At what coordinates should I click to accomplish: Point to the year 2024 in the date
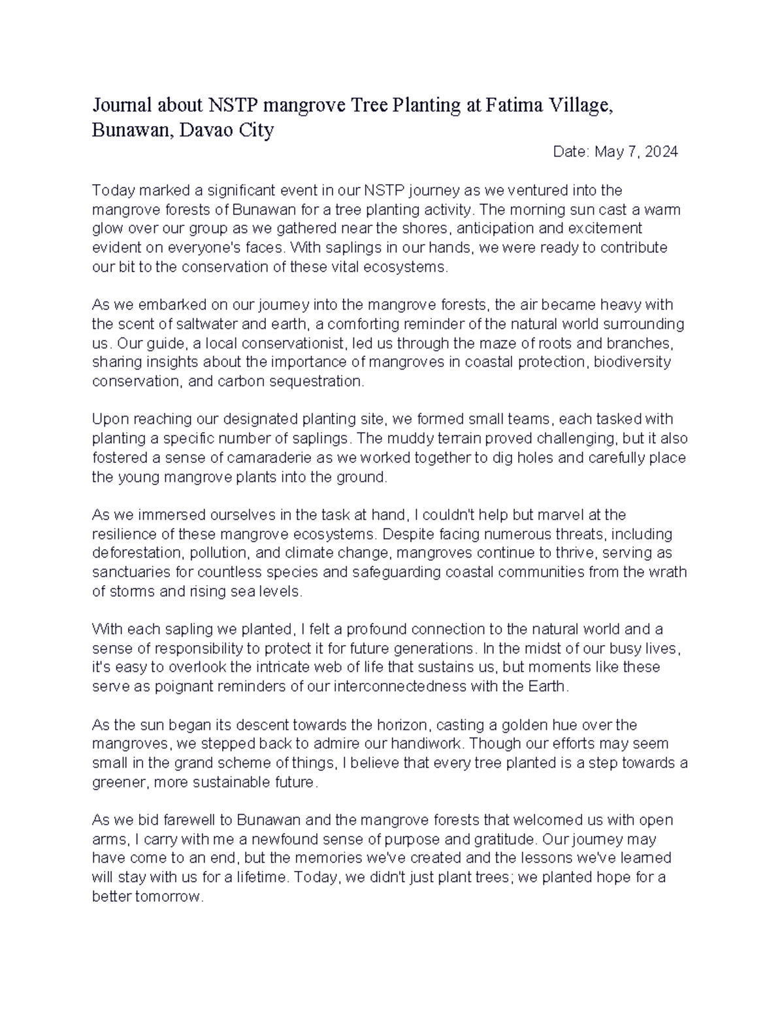point(661,152)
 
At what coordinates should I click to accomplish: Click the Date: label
point(571,152)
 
